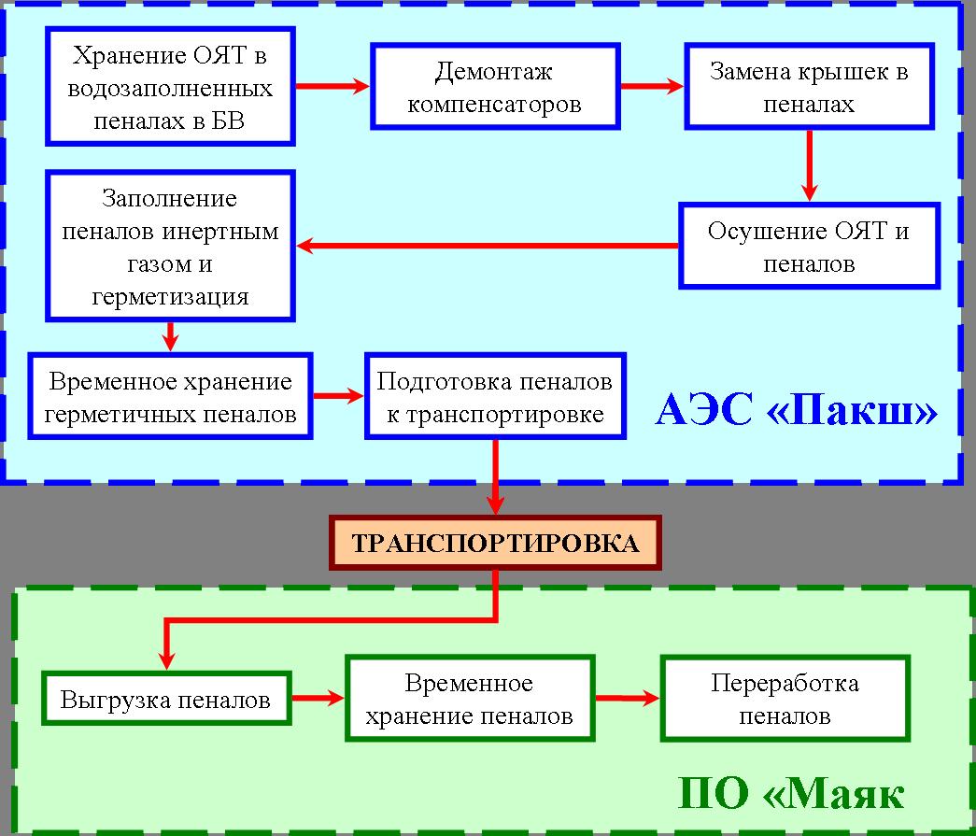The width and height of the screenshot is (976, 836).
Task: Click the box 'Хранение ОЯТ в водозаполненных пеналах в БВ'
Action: click(171, 87)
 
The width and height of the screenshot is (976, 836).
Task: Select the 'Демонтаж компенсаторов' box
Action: click(495, 87)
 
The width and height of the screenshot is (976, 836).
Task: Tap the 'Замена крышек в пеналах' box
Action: click(809, 87)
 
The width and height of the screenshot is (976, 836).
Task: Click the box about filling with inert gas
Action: click(171, 247)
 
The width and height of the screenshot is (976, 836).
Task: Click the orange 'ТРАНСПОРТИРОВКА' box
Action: click(495, 543)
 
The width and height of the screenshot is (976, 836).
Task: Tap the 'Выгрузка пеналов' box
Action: click(166, 699)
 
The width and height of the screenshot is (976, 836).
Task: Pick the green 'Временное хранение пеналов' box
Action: click(470, 699)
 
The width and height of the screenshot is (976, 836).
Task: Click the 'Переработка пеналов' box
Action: click(785, 699)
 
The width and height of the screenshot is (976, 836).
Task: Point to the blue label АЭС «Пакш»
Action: click(797, 411)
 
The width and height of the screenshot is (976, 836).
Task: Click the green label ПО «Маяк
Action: click(790, 794)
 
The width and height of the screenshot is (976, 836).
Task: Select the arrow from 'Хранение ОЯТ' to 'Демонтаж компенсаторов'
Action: click(333, 87)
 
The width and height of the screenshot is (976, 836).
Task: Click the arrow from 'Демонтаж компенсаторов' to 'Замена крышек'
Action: click(652, 87)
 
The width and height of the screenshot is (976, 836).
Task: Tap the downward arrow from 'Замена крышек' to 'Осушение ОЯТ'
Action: click(809, 165)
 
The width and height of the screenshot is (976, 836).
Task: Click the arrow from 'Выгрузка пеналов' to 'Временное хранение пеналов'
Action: click(318, 699)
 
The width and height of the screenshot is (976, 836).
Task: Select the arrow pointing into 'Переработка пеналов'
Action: click(628, 699)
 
